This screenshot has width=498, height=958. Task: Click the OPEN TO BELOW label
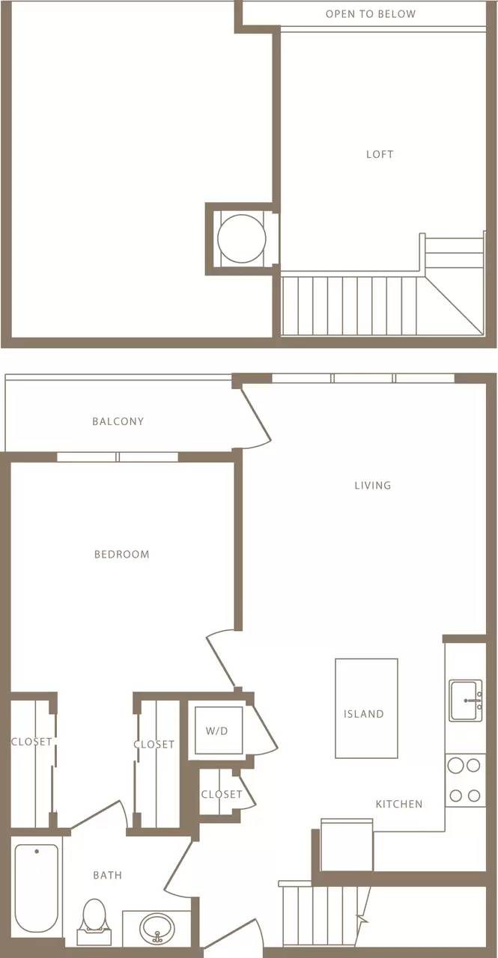click(x=371, y=14)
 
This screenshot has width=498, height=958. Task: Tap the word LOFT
click(x=380, y=154)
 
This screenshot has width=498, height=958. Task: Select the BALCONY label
click(x=118, y=421)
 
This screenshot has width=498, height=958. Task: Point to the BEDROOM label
click(x=122, y=555)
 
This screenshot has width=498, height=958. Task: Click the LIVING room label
click(x=373, y=486)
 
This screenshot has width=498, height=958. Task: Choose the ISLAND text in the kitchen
click(x=364, y=714)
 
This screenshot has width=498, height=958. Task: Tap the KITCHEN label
click(x=399, y=804)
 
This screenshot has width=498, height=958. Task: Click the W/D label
click(x=217, y=730)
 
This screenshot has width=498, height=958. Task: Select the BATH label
click(x=108, y=875)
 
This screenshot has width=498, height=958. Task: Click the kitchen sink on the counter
click(x=465, y=701)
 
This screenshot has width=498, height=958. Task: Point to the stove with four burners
click(x=464, y=781)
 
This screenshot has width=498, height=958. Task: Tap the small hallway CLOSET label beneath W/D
click(x=222, y=794)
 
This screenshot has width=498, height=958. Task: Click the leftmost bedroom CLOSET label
click(x=31, y=742)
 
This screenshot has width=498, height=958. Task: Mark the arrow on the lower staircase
click(x=363, y=918)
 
